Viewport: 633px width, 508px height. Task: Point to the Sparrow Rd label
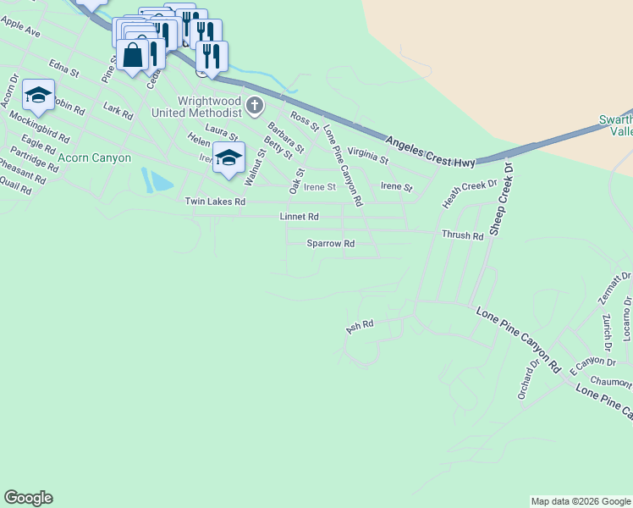(x=330, y=244)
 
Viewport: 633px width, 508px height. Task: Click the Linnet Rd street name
(x=299, y=218)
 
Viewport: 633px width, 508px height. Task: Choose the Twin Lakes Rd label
(x=215, y=202)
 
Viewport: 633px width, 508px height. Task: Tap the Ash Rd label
(x=360, y=325)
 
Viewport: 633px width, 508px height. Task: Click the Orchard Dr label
(x=528, y=380)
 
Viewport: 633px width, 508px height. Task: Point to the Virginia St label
(x=367, y=156)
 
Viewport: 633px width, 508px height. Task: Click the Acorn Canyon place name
(x=95, y=158)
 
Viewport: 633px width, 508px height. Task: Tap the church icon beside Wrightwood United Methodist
(x=256, y=105)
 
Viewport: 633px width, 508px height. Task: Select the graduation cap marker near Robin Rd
(x=38, y=96)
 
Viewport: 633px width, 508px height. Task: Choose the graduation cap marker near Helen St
(x=228, y=158)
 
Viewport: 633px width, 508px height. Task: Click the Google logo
(x=28, y=498)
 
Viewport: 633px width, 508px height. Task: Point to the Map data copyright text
(x=581, y=501)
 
